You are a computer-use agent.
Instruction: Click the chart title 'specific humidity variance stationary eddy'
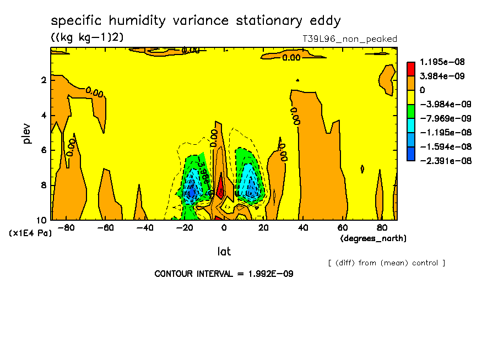click(196, 21)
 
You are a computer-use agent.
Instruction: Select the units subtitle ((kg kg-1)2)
click(88, 37)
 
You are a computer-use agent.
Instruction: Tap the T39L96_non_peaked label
click(350, 39)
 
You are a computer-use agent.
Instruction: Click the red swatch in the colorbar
click(410, 68)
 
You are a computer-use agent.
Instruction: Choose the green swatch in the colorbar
click(410, 111)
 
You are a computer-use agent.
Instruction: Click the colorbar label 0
click(423, 90)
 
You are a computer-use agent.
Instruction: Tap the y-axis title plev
click(27, 134)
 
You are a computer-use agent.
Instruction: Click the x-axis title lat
click(224, 252)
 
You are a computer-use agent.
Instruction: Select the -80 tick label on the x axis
click(66, 227)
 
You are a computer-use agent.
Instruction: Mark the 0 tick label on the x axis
click(224, 227)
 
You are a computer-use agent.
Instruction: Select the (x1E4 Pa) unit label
click(30, 233)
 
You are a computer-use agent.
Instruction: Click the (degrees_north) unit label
click(373, 238)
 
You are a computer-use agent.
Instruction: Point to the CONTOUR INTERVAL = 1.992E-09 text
click(224, 274)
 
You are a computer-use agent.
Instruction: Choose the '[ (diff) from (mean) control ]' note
click(386, 263)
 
